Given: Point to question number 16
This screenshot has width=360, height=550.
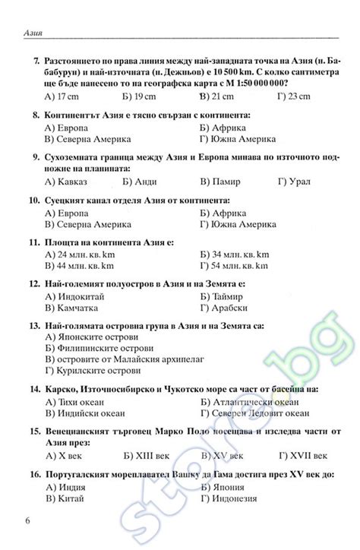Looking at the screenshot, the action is point(33,474).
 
